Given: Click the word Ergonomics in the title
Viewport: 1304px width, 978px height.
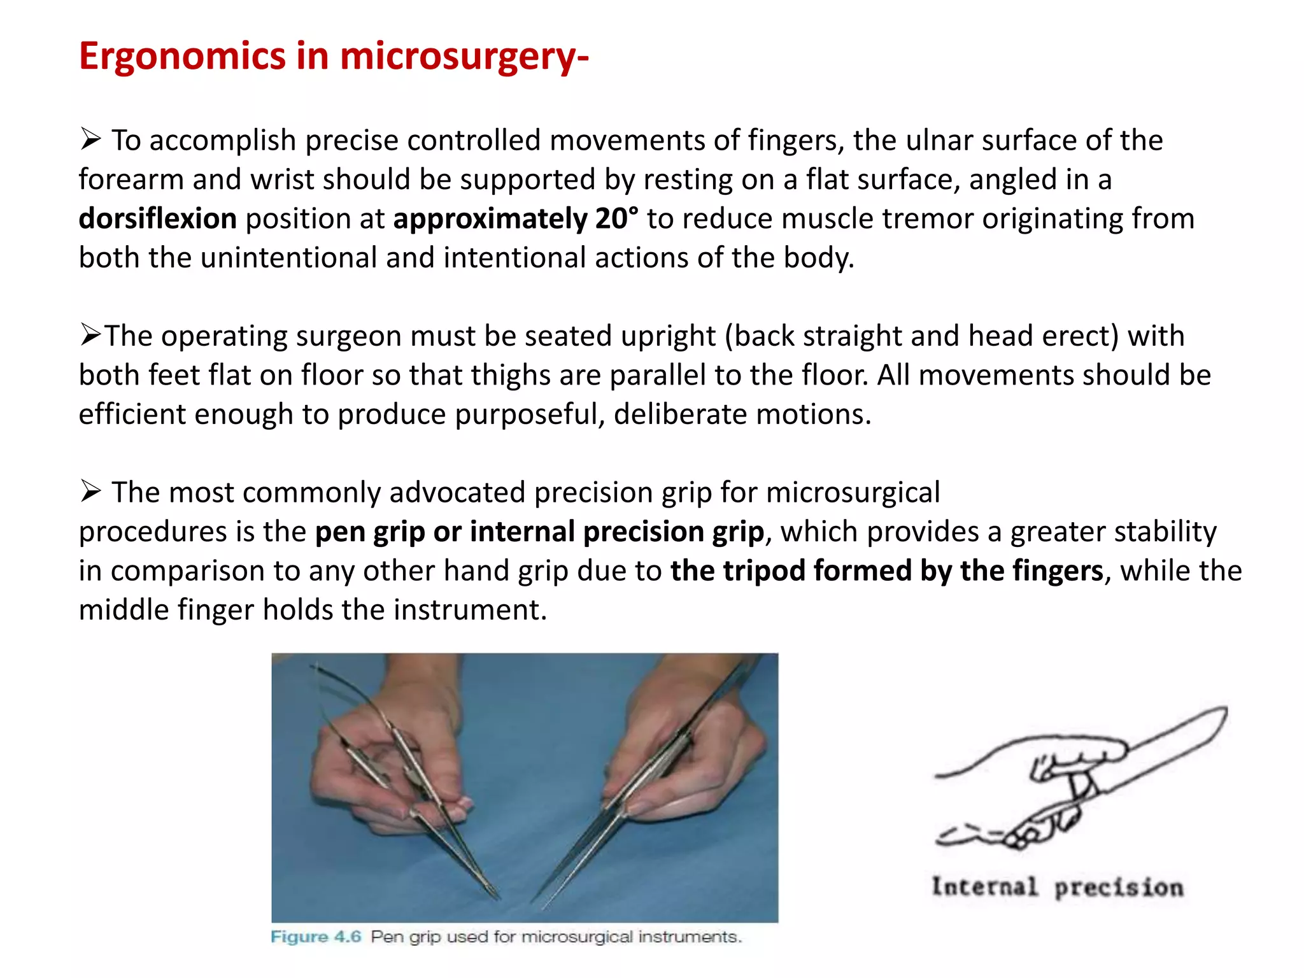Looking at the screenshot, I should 182,57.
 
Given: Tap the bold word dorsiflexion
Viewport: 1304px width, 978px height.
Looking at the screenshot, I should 157,218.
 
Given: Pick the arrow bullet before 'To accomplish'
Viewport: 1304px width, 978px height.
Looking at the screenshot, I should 90,139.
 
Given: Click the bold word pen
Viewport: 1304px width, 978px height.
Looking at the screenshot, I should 339,532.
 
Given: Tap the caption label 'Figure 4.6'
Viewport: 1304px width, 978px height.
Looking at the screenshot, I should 316,937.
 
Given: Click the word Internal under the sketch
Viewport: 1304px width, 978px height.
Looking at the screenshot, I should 984,886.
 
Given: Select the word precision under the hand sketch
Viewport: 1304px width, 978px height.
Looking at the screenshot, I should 1119,888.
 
